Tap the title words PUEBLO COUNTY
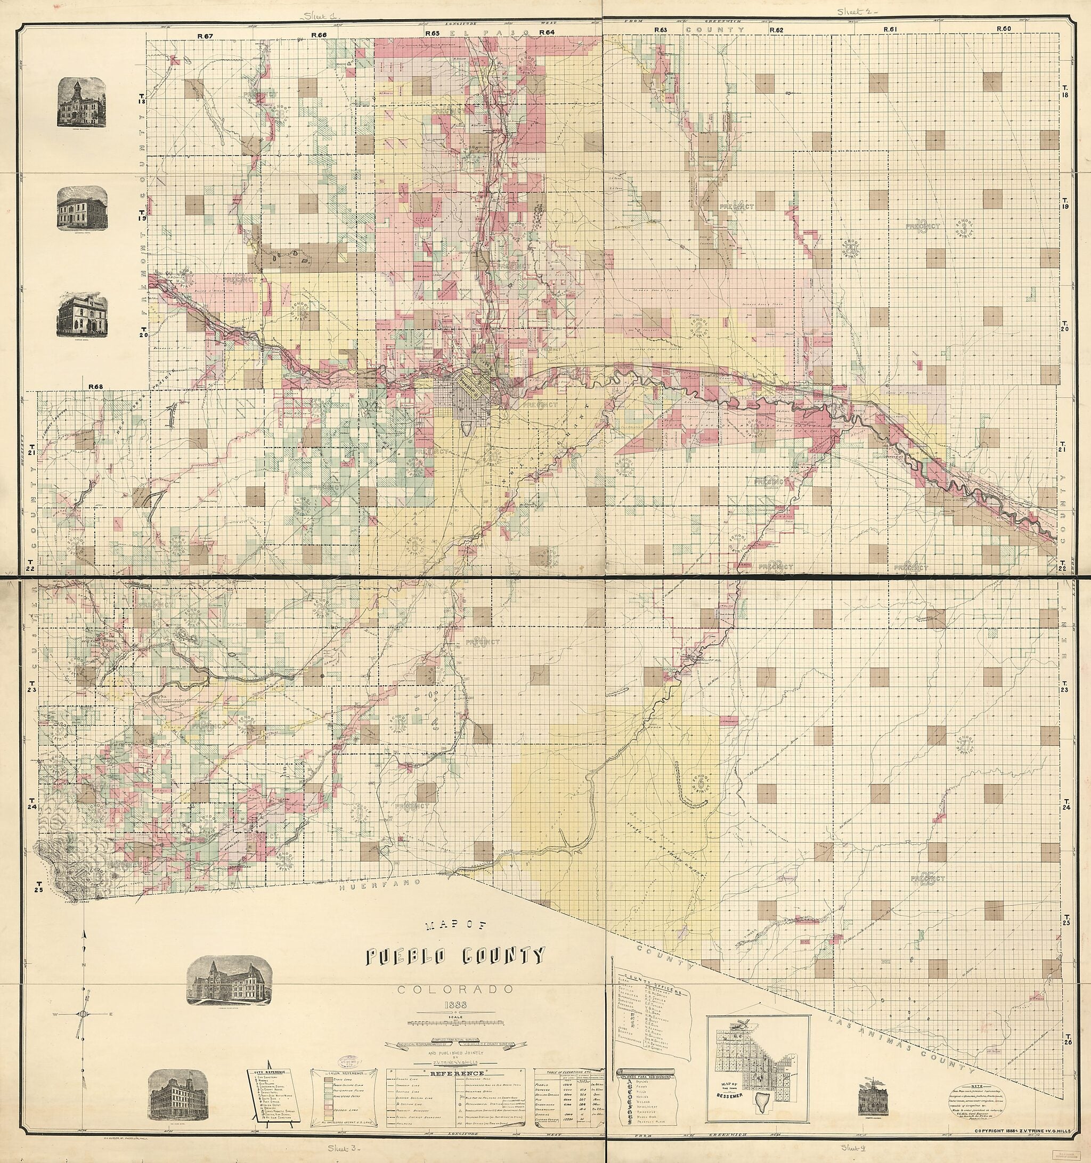click(x=455, y=956)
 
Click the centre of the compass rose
click(x=83, y=1013)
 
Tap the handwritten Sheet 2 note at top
click(x=853, y=11)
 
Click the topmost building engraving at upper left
click(x=83, y=102)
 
